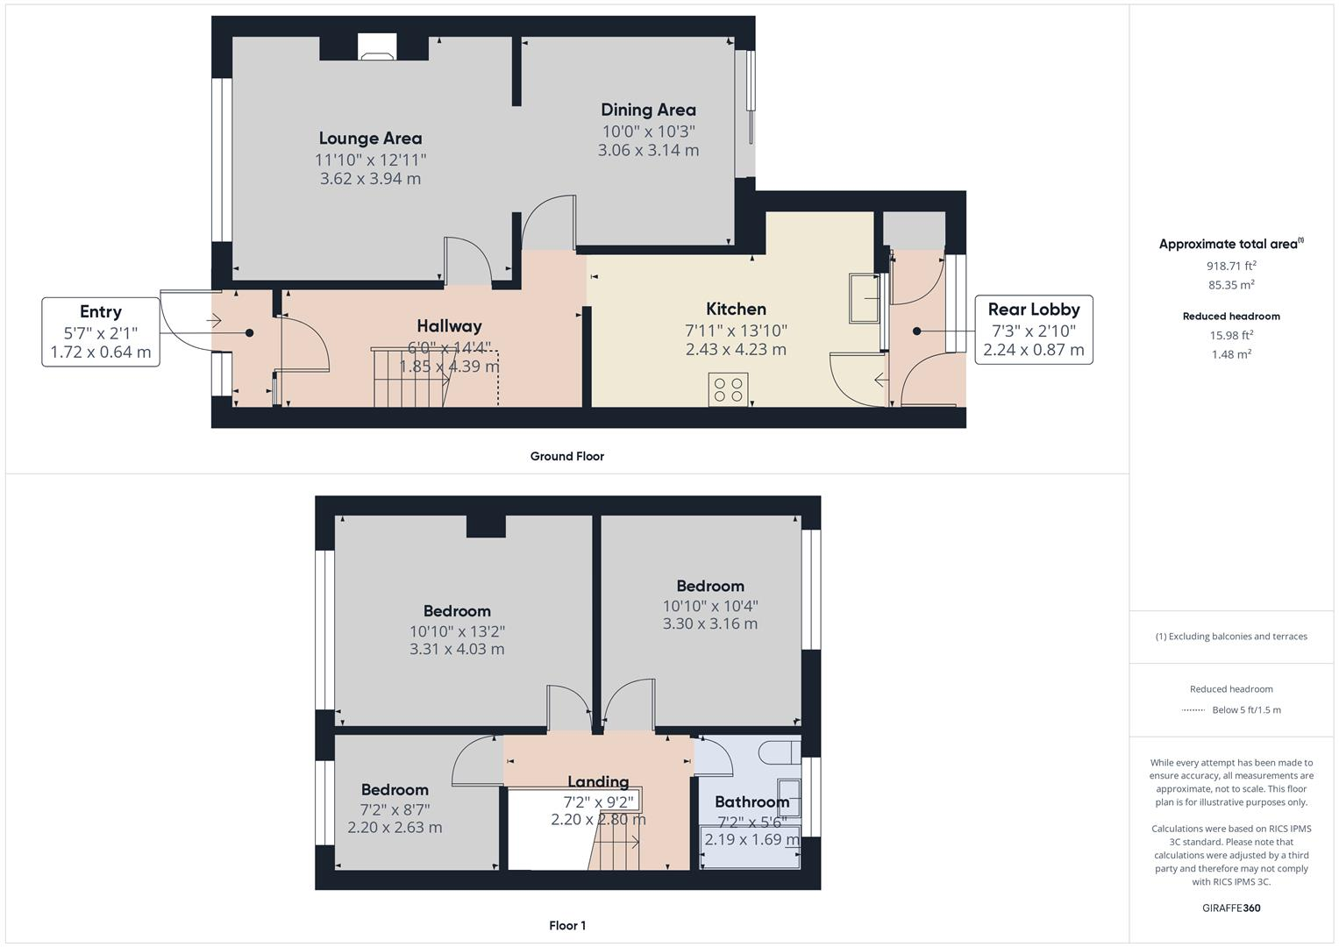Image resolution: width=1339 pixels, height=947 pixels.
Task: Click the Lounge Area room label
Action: pyautogui.click(x=370, y=139)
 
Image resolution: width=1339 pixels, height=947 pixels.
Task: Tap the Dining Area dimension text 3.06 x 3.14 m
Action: pyautogui.click(x=648, y=150)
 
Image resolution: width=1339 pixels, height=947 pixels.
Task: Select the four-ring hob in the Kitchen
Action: pyautogui.click(x=728, y=388)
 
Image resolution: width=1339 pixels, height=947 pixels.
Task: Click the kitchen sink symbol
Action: pyautogui.click(x=864, y=298)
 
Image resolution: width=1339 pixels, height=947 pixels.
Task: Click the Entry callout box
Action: pyautogui.click(x=101, y=331)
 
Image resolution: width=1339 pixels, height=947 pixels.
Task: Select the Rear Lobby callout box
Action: pyautogui.click(x=1034, y=330)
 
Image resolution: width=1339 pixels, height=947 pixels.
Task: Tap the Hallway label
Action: pyautogui.click(x=449, y=326)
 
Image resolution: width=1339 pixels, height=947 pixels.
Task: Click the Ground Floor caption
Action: pyautogui.click(x=566, y=456)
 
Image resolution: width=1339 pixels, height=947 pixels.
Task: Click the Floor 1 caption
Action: pyautogui.click(x=567, y=925)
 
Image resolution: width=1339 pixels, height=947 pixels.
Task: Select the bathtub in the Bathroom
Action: pyautogui.click(x=750, y=847)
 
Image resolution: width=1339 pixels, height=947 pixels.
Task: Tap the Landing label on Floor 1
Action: pyautogui.click(x=598, y=781)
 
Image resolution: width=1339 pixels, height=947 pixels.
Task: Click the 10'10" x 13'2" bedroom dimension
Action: pyautogui.click(x=457, y=631)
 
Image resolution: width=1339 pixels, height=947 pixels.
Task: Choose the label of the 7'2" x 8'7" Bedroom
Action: pyautogui.click(x=395, y=789)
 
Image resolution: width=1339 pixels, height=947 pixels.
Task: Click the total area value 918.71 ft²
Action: pyautogui.click(x=1231, y=265)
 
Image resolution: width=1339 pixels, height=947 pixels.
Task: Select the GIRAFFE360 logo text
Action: pyautogui.click(x=1231, y=908)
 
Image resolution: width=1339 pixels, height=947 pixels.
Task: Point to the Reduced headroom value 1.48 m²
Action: pyautogui.click(x=1231, y=354)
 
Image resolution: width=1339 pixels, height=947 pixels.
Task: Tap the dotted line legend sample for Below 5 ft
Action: pyautogui.click(x=1193, y=710)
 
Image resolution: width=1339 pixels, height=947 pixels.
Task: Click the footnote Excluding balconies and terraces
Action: pyautogui.click(x=1231, y=637)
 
